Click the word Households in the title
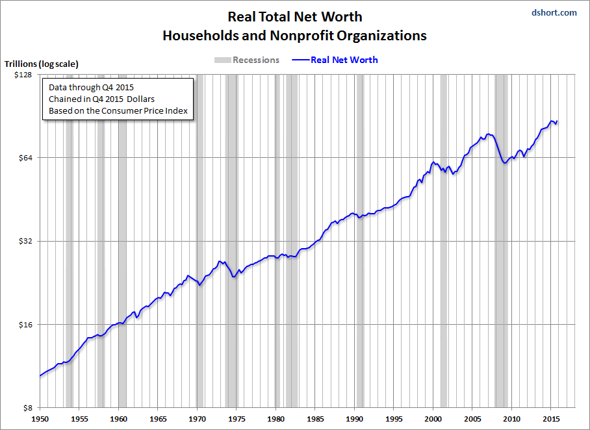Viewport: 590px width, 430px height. (x=198, y=36)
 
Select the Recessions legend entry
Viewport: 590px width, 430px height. (x=247, y=60)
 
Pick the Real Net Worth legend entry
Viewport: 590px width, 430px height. (x=344, y=60)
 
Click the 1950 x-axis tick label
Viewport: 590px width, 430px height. (x=40, y=419)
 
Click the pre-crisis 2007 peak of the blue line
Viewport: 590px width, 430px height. (x=489, y=134)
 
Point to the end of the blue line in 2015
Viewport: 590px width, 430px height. (x=557, y=121)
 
